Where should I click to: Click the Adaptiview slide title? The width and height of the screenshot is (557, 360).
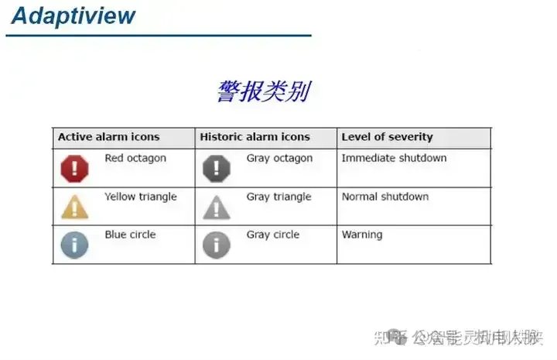tap(73, 15)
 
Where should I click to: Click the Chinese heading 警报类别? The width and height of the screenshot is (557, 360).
tap(263, 91)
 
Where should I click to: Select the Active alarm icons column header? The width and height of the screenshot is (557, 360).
tap(108, 137)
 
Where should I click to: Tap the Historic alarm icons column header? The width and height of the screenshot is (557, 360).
tap(255, 137)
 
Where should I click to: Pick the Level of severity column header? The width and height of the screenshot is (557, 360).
tap(387, 137)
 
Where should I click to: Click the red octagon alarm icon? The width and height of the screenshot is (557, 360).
tap(75, 168)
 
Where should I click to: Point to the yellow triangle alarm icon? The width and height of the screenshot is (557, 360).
tap(75, 207)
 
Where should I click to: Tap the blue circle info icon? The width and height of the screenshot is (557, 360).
tap(75, 245)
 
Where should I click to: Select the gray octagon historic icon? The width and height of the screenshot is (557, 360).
tap(217, 168)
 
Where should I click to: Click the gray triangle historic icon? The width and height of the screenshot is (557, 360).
tap(217, 207)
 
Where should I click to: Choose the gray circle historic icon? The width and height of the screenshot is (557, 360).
tap(217, 245)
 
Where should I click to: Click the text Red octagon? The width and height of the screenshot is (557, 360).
tap(135, 158)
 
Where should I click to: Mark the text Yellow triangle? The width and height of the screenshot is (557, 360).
tap(141, 197)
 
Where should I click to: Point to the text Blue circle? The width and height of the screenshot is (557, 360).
tap(130, 235)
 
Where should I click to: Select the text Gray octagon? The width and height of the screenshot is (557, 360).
tap(279, 158)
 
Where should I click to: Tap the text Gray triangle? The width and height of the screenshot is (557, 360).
tap(278, 197)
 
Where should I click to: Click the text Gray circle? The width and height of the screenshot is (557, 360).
tap(273, 235)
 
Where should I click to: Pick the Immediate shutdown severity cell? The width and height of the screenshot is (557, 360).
tap(394, 158)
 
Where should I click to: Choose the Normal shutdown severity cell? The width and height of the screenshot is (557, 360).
tap(384, 197)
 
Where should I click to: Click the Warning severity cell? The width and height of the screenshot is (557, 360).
tap(362, 235)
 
